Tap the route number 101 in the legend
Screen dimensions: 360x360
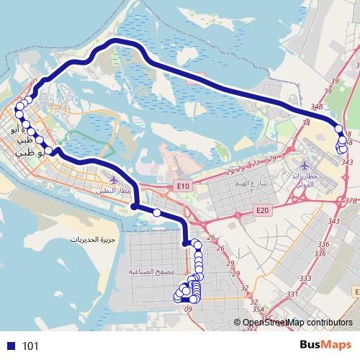pyautogui.click(x=30, y=346)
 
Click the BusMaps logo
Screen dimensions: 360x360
pyautogui.click(x=325, y=346)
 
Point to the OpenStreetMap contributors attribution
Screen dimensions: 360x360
pyautogui.click(x=297, y=323)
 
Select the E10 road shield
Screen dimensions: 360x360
pyautogui.click(x=183, y=186)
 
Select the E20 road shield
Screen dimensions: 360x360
pyautogui.click(x=263, y=210)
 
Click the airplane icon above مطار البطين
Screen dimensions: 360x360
pyautogui.click(x=112, y=179)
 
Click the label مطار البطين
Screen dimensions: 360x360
pyautogui.click(x=112, y=190)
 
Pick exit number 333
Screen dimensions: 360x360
pyautogui.click(x=305, y=277)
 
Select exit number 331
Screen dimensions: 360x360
pyautogui.click(x=292, y=294)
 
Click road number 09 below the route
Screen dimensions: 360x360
pyautogui.click(x=189, y=309)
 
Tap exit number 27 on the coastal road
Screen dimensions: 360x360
pyautogui.click(x=256, y=163)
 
